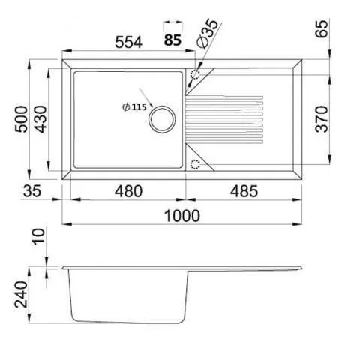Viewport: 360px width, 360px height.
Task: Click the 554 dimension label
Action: point(129,42)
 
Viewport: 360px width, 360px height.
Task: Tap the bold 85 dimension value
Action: point(172,40)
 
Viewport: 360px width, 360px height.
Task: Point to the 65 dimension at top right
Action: point(322,28)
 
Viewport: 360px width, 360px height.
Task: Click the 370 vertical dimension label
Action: point(322,119)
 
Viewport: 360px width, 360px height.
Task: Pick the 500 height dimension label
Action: point(21,119)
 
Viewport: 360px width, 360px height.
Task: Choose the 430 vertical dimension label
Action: point(40,119)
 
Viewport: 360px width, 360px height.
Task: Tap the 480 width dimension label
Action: point(128,191)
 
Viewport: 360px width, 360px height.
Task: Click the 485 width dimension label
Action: point(244,191)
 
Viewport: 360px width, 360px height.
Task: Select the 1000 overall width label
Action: point(182,216)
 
